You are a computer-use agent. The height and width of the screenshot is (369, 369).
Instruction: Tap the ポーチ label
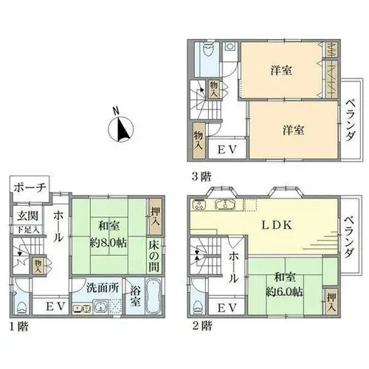click(30, 187)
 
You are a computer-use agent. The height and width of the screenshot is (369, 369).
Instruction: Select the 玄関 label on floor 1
click(27, 216)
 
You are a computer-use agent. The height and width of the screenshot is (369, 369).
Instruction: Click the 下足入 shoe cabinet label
click(28, 230)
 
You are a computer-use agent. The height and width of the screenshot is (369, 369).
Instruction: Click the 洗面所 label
click(103, 288)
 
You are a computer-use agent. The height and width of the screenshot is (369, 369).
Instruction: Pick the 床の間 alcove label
click(154, 256)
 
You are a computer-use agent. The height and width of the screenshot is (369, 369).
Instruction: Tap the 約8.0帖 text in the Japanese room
click(108, 244)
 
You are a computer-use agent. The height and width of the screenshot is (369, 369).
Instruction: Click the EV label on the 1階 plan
click(55, 307)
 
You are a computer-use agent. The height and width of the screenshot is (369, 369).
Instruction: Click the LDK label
click(277, 225)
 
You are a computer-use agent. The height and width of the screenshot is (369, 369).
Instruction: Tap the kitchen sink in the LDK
click(225, 204)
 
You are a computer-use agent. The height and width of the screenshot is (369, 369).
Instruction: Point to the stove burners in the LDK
click(200, 204)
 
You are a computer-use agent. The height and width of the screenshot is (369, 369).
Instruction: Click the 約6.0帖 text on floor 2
click(284, 292)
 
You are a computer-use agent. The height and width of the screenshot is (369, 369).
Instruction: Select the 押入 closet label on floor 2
click(331, 303)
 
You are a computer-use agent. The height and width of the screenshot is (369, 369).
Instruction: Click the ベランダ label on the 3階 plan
click(351, 120)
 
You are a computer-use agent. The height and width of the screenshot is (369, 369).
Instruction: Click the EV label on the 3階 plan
click(227, 150)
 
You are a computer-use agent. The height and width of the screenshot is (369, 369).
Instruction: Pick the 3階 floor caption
click(201, 176)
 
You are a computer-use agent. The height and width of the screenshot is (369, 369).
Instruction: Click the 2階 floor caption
click(201, 326)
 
